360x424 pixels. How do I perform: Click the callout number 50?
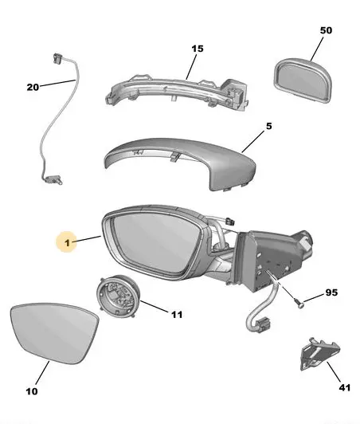point(326,30)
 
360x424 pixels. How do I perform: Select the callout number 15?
point(198,49)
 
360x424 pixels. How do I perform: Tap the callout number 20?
point(33,87)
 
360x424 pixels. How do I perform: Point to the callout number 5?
point(268,126)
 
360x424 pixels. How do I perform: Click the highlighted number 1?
point(67,243)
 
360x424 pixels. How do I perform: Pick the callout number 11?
point(177,315)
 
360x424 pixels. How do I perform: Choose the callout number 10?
point(32,391)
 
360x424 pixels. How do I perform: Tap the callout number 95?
point(331,292)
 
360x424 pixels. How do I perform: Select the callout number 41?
point(345,387)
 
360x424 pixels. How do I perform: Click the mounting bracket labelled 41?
point(319,354)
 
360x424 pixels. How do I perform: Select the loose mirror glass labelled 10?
point(54,334)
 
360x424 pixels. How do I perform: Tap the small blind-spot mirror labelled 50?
point(303,80)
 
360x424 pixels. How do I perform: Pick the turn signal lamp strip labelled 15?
point(176,91)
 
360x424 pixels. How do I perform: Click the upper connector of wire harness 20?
point(57,59)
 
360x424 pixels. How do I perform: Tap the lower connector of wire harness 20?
point(53,179)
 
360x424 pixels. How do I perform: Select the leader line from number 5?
point(253,142)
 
